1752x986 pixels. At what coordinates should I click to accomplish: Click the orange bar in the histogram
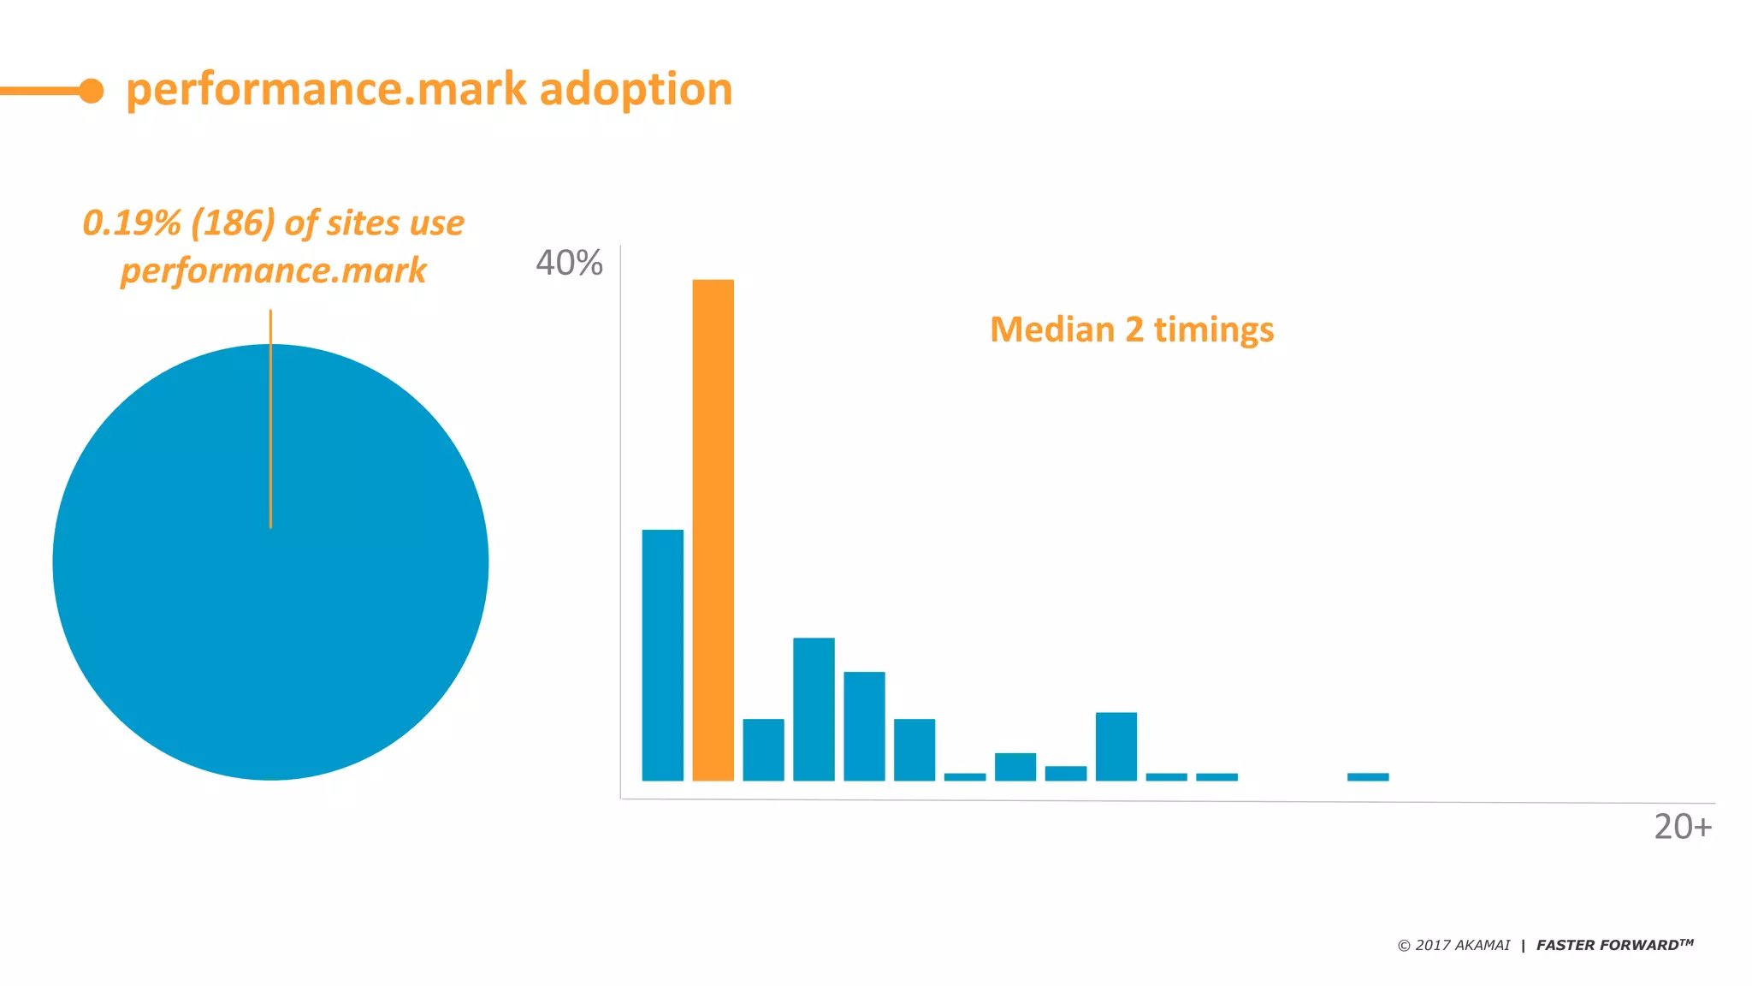(713, 531)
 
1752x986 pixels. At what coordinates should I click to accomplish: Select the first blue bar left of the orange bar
(662, 655)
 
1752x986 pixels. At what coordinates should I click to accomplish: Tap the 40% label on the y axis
(569, 264)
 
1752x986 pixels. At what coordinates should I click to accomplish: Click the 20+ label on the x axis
(1682, 827)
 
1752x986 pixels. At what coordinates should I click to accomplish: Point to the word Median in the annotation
(1051, 330)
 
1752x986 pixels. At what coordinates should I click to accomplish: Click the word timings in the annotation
(1213, 330)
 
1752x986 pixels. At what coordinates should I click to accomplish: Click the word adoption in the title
(636, 90)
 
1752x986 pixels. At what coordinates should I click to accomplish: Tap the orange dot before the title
(92, 91)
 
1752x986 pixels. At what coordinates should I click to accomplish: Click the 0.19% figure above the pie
(132, 223)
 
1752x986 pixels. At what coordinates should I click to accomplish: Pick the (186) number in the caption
(233, 223)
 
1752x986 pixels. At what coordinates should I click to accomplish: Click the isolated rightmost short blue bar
(1368, 777)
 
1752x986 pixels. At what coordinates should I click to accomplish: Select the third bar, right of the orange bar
(763, 750)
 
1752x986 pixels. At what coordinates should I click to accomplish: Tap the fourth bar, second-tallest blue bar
(814, 709)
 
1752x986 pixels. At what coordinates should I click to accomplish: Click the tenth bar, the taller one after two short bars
(1116, 746)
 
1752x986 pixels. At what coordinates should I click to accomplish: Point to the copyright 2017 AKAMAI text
(1453, 945)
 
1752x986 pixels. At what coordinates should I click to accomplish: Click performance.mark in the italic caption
(273, 271)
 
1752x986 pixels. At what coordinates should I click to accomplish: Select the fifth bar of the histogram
(864, 726)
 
